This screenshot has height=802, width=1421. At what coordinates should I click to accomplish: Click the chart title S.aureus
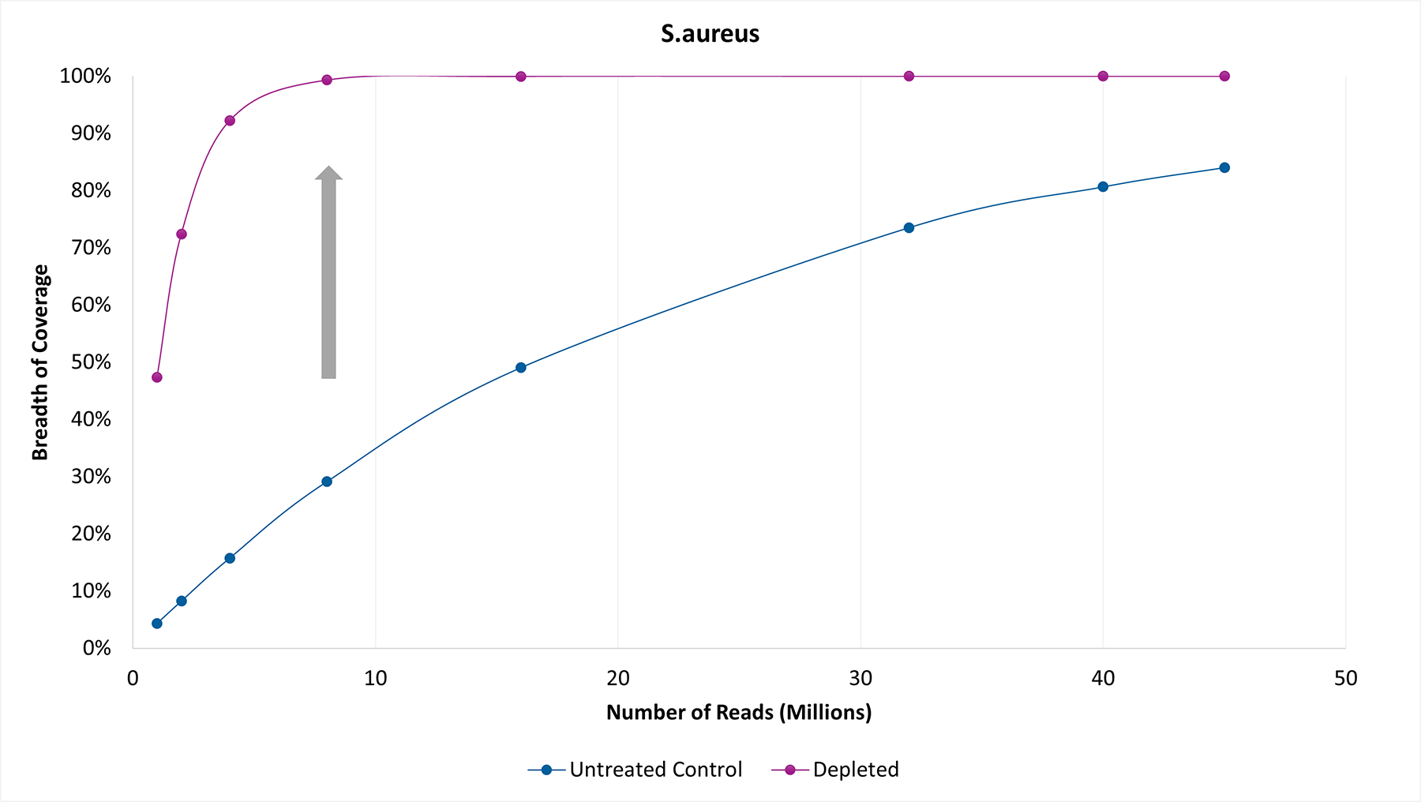(x=710, y=34)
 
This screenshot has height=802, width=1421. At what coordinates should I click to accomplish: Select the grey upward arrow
(x=328, y=272)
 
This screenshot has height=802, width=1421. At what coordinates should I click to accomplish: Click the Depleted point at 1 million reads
(x=157, y=377)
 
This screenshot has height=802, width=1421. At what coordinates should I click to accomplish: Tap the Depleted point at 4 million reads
(x=230, y=121)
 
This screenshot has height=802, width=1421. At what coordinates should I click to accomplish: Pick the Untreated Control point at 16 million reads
(x=521, y=368)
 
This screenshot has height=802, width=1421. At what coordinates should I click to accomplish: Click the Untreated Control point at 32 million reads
(x=909, y=228)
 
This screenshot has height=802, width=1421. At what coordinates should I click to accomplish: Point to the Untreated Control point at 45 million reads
(x=1224, y=167)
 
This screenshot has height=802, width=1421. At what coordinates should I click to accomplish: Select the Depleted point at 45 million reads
(x=1224, y=77)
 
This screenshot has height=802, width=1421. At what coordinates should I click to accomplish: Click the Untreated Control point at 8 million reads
(x=327, y=482)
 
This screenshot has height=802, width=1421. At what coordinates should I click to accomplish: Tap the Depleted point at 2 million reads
(x=182, y=234)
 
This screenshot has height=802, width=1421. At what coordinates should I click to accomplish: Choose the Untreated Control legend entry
(x=636, y=770)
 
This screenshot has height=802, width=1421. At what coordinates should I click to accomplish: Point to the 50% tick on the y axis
(x=91, y=362)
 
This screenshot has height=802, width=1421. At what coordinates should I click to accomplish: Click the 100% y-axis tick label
(x=85, y=77)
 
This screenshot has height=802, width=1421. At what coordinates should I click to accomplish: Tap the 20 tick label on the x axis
(x=618, y=678)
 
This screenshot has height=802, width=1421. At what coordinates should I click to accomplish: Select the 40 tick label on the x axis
(x=1103, y=678)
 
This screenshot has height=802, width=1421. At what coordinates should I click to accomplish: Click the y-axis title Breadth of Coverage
(x=40, y=362)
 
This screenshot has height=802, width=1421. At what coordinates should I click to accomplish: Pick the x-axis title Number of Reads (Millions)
(x=739, y=713)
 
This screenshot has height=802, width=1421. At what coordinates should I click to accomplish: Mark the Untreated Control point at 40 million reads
(x=1103, y=187)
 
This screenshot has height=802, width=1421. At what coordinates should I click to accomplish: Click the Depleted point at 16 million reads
(x=521, y=77)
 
